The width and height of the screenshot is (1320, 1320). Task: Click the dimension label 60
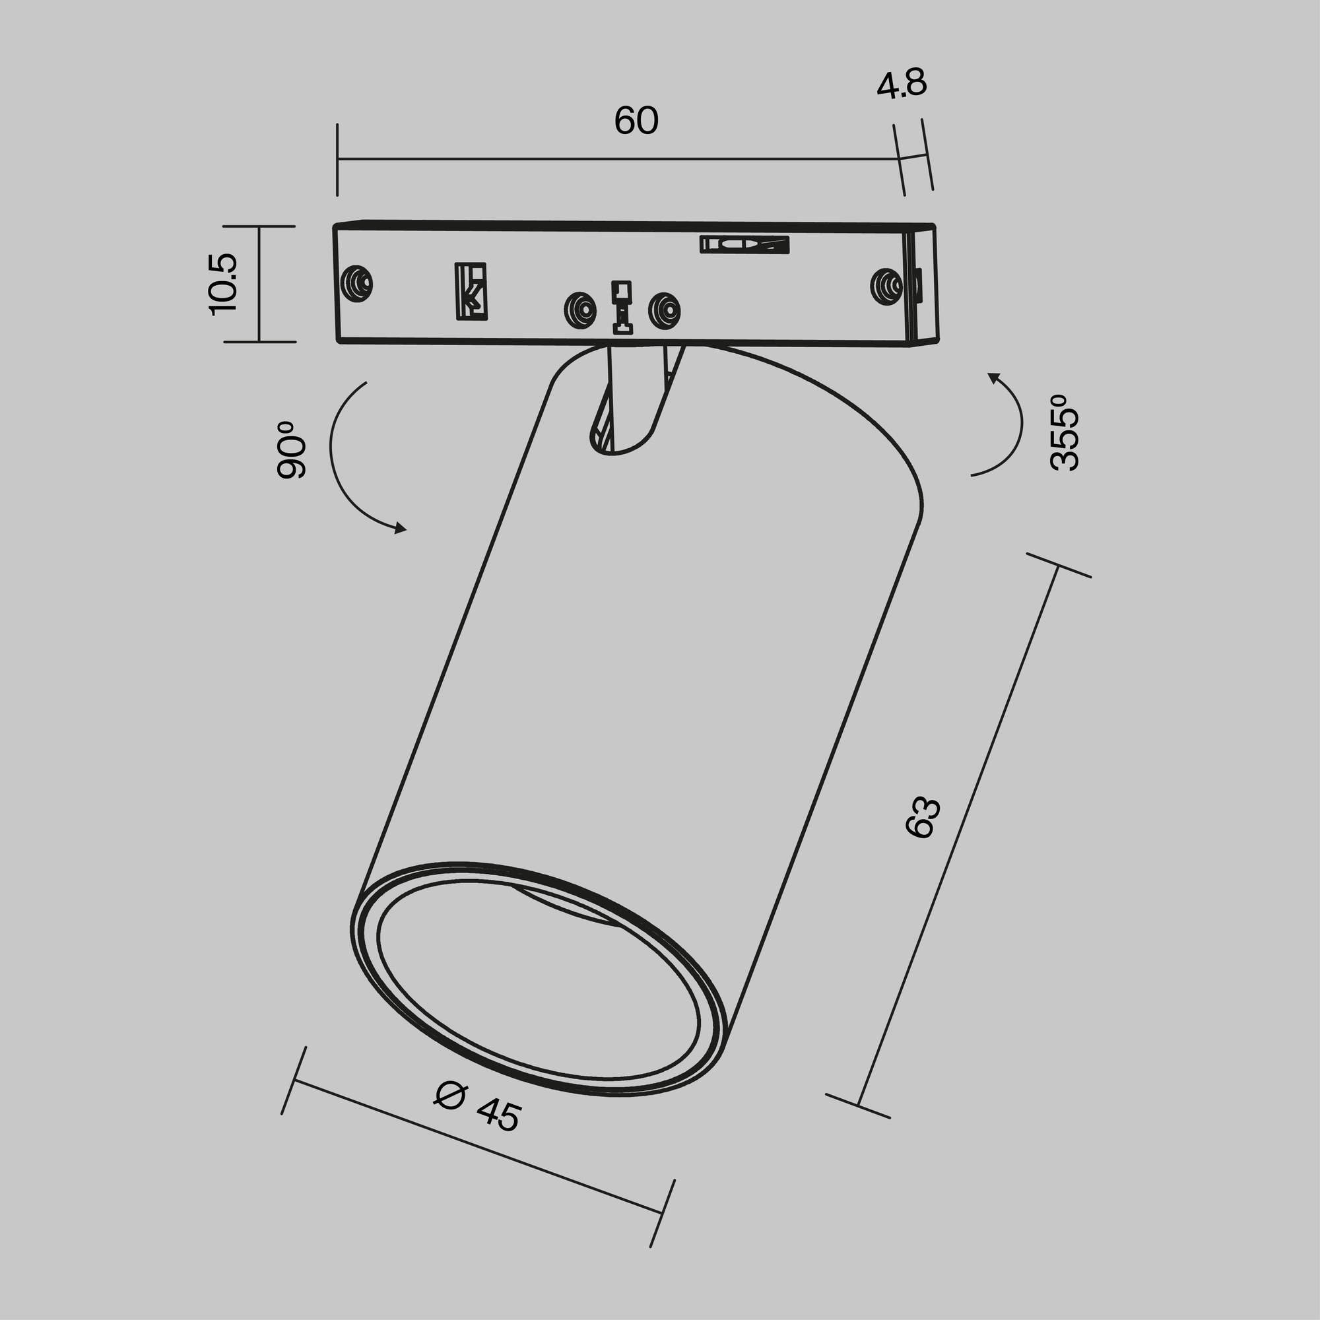(x=636, y=121)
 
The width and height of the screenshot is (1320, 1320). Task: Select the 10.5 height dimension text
(x=224, y=284)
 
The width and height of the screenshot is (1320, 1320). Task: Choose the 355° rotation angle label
(x=1065, y=432)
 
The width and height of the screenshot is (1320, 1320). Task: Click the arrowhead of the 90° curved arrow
(x=401, y=527)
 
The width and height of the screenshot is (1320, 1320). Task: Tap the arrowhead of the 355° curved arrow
(x=993, y=376)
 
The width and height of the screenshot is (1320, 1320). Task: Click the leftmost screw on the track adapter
(x=356, y=282)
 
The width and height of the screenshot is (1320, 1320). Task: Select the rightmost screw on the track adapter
(x=886, y=286)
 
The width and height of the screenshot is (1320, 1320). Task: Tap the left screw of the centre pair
(x=579, y=311)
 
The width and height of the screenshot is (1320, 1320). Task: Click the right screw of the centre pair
(x=664, y=311)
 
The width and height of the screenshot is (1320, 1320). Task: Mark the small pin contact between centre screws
(x=622, y=308)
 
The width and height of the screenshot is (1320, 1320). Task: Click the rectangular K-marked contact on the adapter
(x=471, y=291)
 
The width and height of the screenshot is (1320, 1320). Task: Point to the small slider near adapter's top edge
(x=744, y=244)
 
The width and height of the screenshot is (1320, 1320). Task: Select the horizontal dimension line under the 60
(x=615, y=159)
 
